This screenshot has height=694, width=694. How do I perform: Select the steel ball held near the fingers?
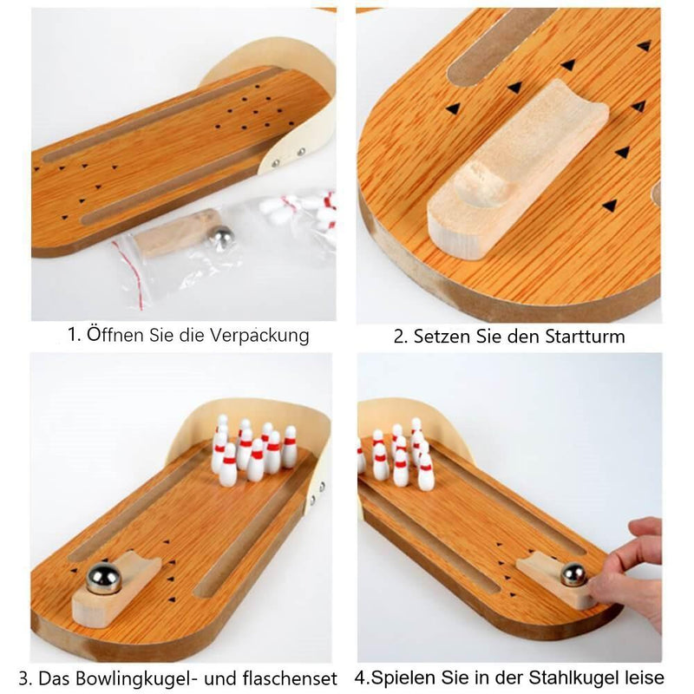click(573, 574)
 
